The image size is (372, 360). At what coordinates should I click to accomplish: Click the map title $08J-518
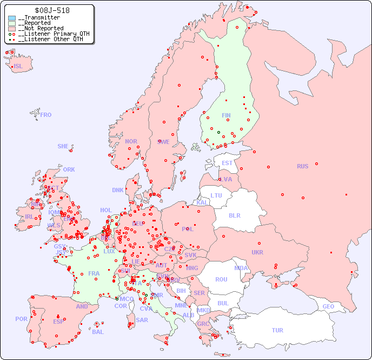click(51, 10)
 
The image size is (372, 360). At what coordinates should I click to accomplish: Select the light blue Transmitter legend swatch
click(12, 18)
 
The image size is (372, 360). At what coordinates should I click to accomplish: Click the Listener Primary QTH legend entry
click(51, 34)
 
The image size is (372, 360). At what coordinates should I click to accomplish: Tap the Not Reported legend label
click(43, 28)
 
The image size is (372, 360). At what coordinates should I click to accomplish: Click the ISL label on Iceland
click(18, 67)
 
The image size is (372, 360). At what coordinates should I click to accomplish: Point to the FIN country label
click(226, 115)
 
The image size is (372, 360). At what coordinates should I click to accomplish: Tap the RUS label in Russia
click(302, 166)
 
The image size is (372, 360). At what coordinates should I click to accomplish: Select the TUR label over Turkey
click(277, 330)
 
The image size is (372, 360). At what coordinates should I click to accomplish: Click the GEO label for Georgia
click(328, 306)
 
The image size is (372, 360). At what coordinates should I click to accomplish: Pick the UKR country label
click(257, 252)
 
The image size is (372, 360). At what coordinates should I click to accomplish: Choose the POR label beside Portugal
click(21, 319)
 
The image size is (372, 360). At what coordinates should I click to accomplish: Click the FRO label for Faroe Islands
click(46, 115)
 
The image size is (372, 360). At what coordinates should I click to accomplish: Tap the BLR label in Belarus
click(234, 215)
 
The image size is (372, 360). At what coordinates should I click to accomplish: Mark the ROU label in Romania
click(221, 279)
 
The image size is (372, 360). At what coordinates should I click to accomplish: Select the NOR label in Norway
click(131, 141)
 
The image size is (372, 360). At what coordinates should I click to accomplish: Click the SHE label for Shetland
click(63, 146)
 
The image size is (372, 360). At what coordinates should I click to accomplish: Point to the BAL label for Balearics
click(98, 332)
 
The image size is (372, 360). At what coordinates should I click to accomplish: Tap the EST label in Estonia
click(227, 163)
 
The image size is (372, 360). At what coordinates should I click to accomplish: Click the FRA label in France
click(94, 273)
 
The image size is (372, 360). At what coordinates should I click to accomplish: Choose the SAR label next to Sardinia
click(142, 320)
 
